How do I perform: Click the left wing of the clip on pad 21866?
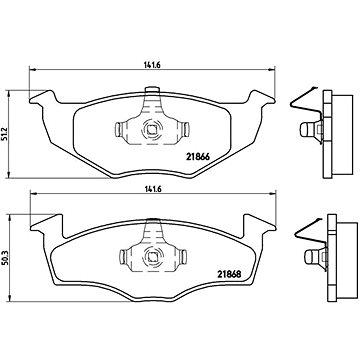point(127,131)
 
